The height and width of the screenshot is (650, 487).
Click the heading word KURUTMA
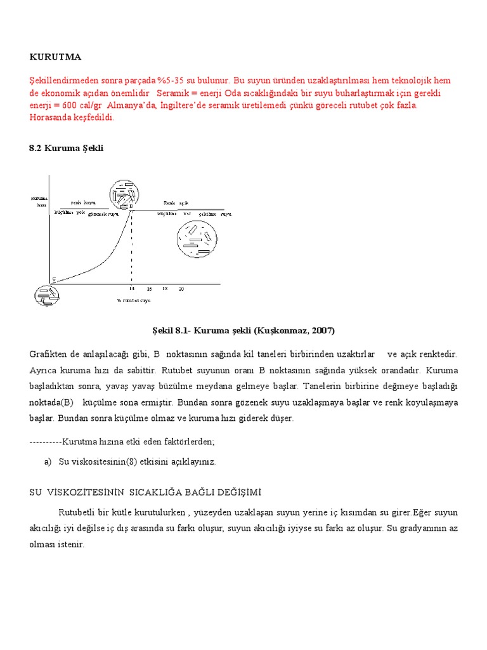point(55,57)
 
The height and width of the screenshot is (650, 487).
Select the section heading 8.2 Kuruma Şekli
point(66,148)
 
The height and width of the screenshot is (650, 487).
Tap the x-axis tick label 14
point(132,288)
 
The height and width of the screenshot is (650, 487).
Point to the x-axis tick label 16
point(149,288)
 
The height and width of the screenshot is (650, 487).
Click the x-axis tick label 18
point(165,288)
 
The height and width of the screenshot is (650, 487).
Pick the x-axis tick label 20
point(181,288)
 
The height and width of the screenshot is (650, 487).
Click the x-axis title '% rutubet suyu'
point(133,300)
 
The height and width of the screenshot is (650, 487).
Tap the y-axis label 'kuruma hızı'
point(39,201)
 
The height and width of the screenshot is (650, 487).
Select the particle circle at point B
point(124,194)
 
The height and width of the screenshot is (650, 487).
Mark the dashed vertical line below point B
point(132,248)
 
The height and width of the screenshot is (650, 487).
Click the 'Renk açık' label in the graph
point(176,202)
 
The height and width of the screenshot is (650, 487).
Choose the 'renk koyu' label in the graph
point(83,202)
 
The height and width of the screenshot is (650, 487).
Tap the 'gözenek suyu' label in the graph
point(103,215)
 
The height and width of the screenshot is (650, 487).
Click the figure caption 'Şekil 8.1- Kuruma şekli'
point(243,331)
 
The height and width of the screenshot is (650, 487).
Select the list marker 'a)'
point(48,462)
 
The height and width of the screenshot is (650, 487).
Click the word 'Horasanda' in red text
point(50,117)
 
